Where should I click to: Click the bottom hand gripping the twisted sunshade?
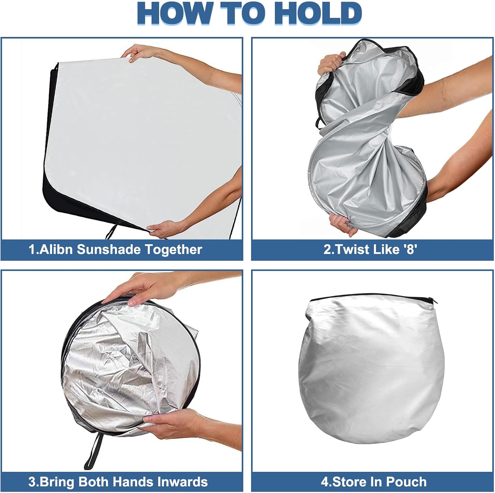343,224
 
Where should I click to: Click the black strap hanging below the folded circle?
93,450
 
